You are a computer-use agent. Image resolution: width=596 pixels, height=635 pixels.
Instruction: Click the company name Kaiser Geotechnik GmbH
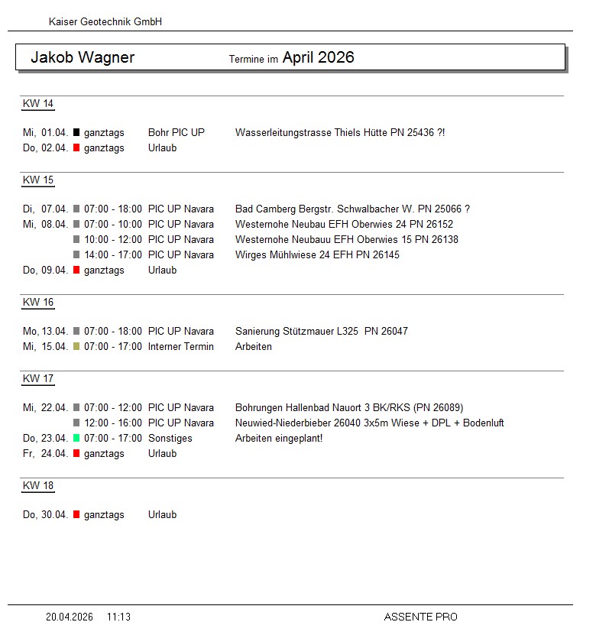coord(105,22)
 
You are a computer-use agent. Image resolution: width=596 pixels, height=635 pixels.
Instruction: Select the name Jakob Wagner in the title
coord(83,57)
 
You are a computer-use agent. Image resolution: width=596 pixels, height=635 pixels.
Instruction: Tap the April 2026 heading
coord(318,57)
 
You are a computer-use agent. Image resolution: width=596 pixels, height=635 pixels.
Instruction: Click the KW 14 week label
coord(38,104)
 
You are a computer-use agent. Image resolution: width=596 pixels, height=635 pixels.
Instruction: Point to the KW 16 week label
coord(38,303)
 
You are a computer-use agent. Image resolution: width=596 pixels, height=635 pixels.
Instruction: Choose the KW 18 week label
coord(38,486)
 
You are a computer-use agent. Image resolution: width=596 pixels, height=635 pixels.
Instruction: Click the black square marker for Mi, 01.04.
coord(76,133)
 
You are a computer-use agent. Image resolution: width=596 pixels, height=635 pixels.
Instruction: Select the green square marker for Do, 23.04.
coord(76,439)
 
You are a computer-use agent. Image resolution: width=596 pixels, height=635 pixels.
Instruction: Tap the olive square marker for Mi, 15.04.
coord(76,347)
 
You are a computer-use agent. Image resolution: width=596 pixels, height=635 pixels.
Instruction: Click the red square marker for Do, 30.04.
coord(76,515)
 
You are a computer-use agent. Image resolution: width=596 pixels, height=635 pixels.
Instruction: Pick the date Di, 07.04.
coord(46,209)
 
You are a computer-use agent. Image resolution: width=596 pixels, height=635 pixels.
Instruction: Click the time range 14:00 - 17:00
coord(113,255)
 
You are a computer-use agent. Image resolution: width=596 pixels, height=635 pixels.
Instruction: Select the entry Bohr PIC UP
coord(177,133)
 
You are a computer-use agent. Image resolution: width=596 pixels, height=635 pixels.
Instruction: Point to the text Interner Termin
coord(181,347)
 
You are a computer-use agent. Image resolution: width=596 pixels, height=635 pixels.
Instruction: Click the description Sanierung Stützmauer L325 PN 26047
coord(322,332)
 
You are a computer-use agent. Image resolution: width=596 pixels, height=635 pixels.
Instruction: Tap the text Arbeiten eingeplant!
coord(279,439)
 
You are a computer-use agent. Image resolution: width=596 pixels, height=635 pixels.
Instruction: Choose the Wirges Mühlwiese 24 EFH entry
coord(317,255)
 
